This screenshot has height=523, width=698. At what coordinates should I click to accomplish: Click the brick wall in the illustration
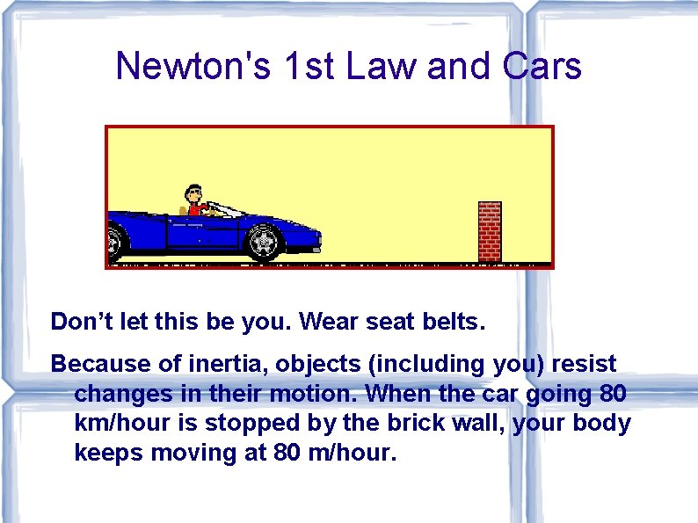pos(490,231)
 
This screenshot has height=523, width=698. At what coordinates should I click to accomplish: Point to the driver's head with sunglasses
pos(194,194)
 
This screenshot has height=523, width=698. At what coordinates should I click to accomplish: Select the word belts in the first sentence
pos(451,322)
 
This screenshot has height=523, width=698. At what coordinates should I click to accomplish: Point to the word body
pos(603,424)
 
